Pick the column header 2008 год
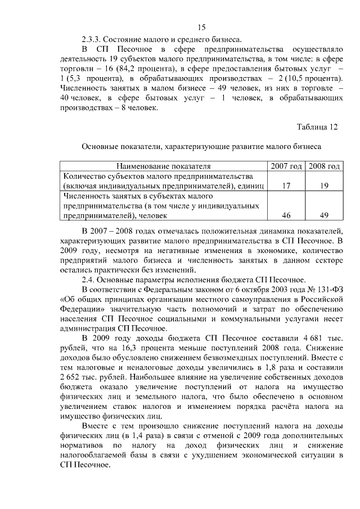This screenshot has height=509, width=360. tap(323, 166)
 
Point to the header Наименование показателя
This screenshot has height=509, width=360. tap(164, 166)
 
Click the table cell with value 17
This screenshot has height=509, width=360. tap(286, 186)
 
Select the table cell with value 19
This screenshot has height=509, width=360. tap(323, 186)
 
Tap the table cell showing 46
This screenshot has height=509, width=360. tap(286, 215)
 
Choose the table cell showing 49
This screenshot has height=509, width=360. tap(323, 215)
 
